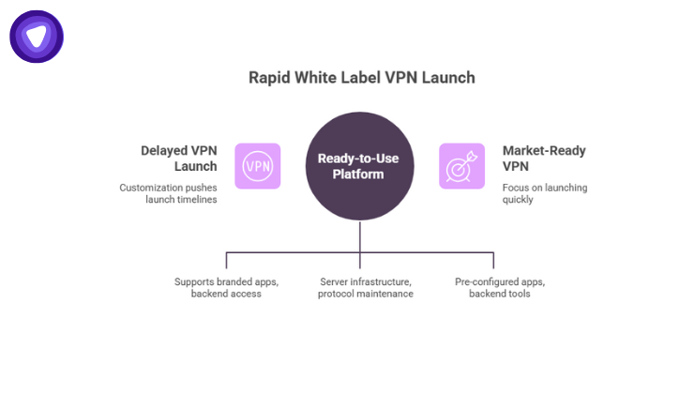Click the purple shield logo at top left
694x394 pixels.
tap(37, 37)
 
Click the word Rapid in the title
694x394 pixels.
tap(268, 78)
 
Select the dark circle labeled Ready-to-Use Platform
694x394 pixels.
tap(360, 166)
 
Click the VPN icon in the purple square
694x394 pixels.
tap(257, 166)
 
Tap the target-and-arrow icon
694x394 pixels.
tap(461, 166)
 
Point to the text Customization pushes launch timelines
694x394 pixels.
tap(168, 194)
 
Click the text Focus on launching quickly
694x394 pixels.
tap(545, 194)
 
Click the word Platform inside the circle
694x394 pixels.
tap(360, 174)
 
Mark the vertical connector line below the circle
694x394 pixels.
tap(360, 239)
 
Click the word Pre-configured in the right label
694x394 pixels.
tap(479, 280)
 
